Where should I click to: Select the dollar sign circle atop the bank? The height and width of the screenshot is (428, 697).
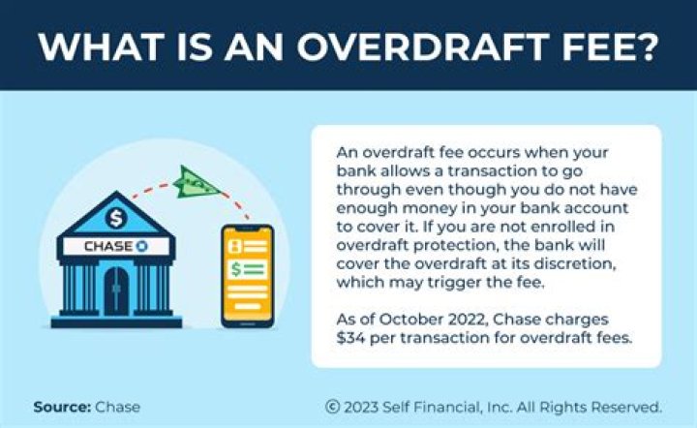(x=116, y=216)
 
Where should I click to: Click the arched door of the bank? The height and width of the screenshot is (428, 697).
(x=116, y=289)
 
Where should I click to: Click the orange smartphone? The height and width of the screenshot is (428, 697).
(x=246, y=274)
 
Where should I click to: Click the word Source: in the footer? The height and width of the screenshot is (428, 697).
(x=61, y=407)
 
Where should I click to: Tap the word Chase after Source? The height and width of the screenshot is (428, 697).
(x=117, y=407)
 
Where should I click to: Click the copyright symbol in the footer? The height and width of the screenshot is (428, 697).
(x=332, y=407)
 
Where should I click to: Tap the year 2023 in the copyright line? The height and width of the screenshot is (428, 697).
(x=364, y=407)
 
